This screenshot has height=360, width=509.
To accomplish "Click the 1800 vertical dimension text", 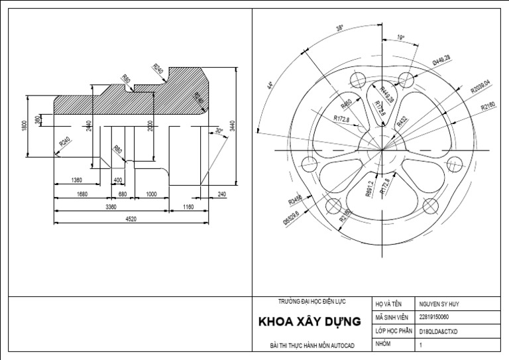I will [x=25, y=126].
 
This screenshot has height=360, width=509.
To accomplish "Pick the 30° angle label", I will [x=219, y=131].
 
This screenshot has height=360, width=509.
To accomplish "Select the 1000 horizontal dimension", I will [x=150, y=194].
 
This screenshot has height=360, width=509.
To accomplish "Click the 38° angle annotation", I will [x=339, y=29].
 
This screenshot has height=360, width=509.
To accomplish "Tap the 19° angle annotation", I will [x=400, y=38].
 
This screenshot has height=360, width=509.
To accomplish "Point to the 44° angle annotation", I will [x=270, y=86].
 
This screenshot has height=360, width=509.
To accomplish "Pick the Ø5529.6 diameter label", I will [x=291, y=214].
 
